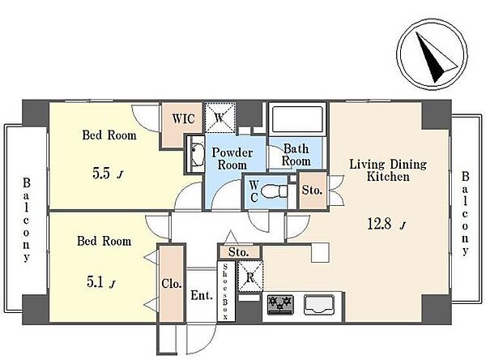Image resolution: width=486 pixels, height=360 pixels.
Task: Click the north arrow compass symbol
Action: click(x=432, y=54)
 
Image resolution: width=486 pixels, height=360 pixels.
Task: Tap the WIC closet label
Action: click(x=184, y=119)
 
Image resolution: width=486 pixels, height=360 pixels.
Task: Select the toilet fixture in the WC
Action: click(x=275, y=191)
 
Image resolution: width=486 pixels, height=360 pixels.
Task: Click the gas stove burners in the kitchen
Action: click(x=280, y=304)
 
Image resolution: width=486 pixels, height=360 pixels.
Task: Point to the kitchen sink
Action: click(x=319, y=304)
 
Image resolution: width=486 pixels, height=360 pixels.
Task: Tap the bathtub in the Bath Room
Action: click(x=297, y=118)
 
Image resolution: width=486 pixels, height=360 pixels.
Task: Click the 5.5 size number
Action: click(x=101, y=174)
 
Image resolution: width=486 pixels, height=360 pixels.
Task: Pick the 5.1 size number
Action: click(x=95, y=282)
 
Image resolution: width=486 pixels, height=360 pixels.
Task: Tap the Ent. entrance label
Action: click(x=202, y=295)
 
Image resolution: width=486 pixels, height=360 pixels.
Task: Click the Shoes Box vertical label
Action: click(x=225, y=291)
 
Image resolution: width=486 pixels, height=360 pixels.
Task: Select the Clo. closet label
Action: click(x=172, y=284)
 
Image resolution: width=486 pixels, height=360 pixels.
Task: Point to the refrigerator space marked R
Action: click(x=250, y=277)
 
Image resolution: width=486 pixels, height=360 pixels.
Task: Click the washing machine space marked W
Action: click(x=220, y=118)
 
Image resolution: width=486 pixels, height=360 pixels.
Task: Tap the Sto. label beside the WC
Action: click(x=313, y=190)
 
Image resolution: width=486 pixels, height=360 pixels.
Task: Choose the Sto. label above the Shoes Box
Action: click(x=239, y=252)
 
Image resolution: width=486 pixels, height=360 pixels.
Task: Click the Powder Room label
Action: click(x=232, y=159)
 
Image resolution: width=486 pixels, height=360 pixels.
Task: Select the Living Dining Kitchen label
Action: click(x=388, y=170)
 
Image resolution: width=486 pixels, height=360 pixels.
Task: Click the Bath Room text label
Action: click(x=296, y=155)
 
